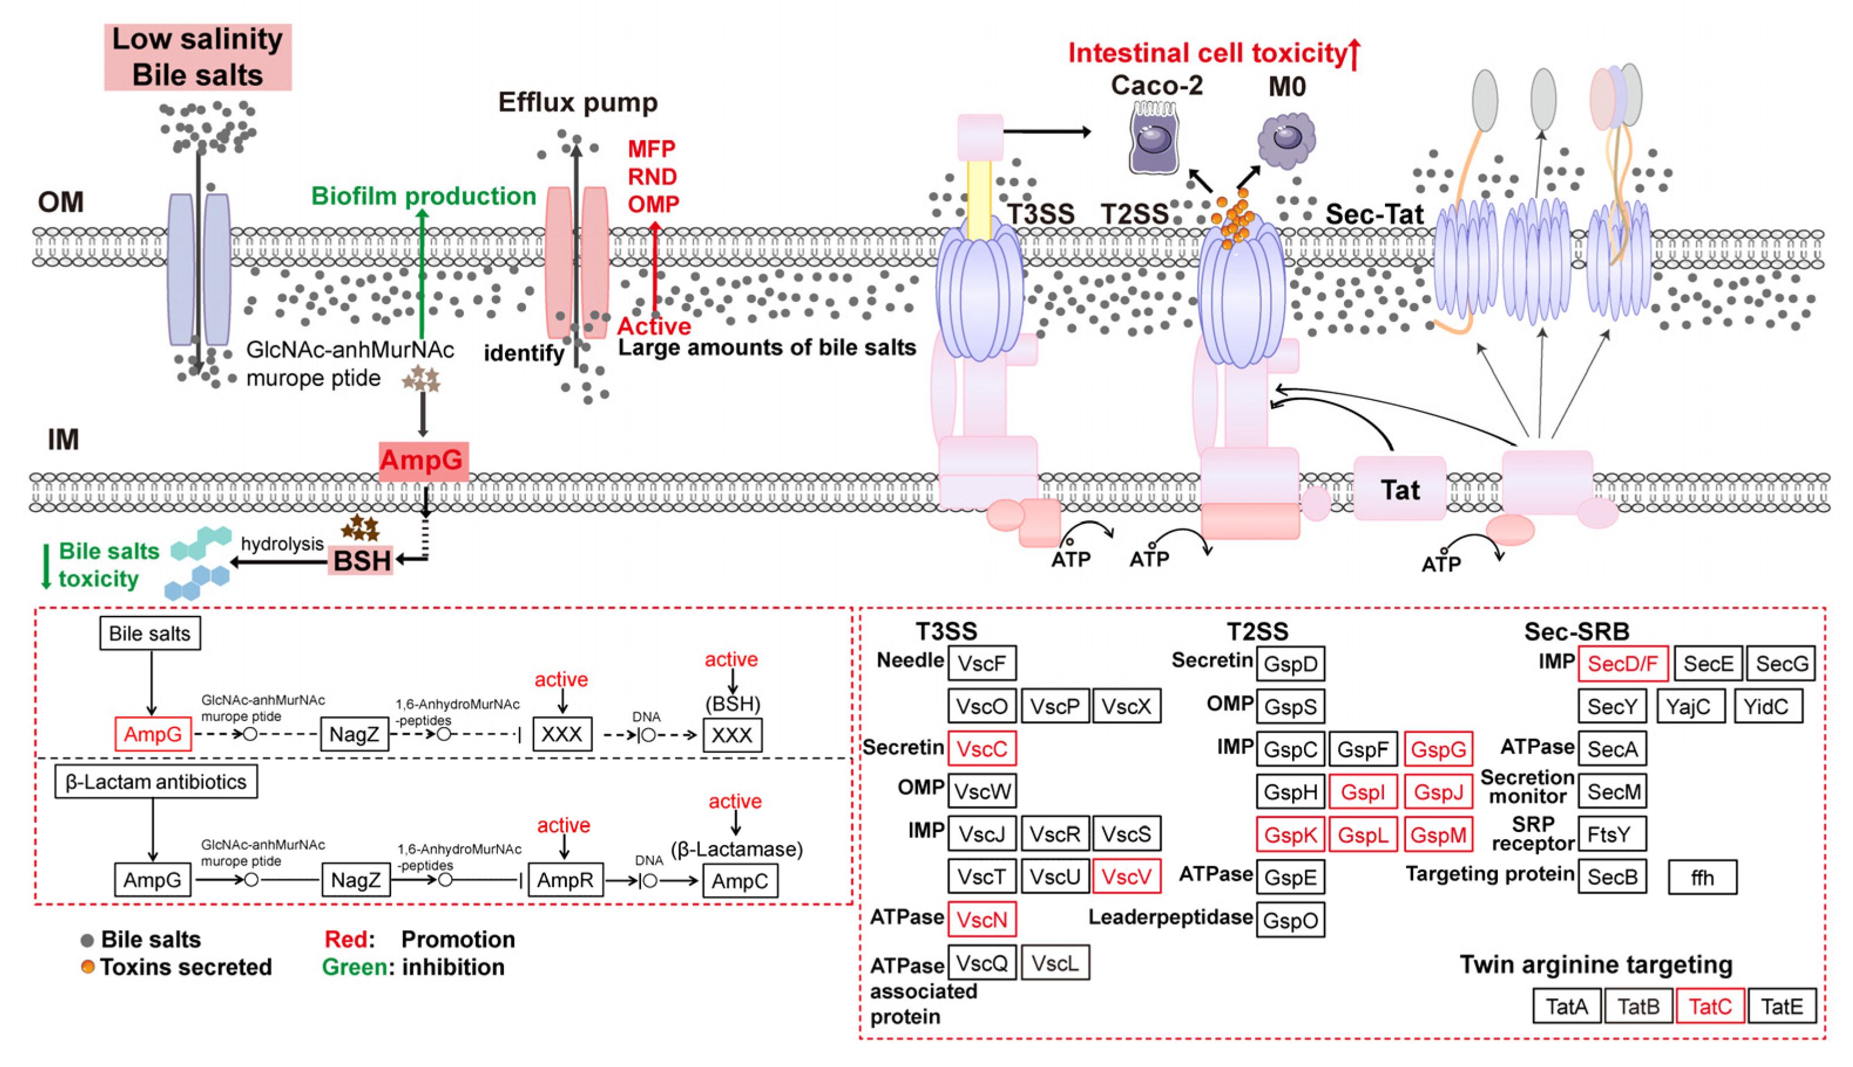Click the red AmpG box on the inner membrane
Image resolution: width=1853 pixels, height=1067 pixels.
423,460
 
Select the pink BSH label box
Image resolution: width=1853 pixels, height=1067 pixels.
361,561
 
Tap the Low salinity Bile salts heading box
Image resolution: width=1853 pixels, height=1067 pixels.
197,57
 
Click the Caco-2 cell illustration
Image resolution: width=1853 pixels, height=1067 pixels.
1153,138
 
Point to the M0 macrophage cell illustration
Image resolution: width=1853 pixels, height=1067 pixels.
1286,139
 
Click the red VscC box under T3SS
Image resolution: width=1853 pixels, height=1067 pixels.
981,749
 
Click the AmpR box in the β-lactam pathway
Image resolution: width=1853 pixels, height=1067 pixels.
565,880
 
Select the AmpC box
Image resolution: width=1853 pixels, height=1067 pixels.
739,881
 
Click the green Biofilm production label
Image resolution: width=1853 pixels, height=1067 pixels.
423,196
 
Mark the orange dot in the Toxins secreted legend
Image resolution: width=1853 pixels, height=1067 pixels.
87,967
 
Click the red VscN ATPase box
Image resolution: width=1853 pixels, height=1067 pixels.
981,920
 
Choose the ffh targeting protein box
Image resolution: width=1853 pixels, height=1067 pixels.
1702,877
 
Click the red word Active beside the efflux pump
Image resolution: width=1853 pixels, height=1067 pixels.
653,326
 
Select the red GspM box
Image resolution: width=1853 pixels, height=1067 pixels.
1437,834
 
